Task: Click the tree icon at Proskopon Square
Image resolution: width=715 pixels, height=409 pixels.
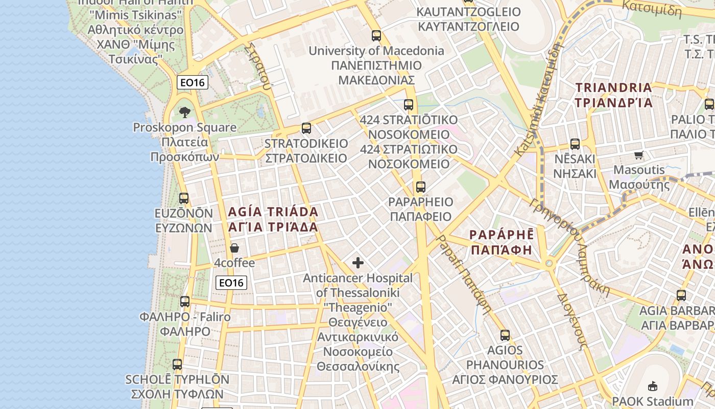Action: click(x=185, y=112)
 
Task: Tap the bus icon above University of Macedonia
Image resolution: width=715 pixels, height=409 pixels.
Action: click(x=376, y=36)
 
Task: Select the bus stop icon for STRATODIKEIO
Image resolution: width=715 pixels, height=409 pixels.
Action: click(x=306, y=128)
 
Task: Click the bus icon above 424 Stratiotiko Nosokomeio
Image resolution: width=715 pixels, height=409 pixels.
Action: click(x=409, y=105)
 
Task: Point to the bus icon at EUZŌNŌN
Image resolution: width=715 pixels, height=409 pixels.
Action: click(x=184, y=198)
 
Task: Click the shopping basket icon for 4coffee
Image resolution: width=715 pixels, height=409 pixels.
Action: click(x=234, y=248)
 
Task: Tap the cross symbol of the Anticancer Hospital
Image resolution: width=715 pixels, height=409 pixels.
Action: click(x=358, y=263)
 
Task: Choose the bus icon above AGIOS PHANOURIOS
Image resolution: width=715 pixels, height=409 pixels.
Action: click(x=505, y=335)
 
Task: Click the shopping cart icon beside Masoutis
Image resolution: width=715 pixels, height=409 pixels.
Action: click(x=639, y=155)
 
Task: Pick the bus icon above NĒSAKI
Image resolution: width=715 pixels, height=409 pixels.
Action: click(x=575, y=144)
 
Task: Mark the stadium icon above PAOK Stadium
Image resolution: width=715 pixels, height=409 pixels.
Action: click(x=653, y=386)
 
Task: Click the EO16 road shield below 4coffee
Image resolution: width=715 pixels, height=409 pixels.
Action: click(x=231, y=282)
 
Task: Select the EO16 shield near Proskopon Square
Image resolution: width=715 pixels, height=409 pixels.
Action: click(x=193, y=82)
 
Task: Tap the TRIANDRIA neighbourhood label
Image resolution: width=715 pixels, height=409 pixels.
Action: click(x=614, y=95)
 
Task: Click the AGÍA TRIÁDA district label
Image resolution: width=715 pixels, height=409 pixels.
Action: click(x=273, y=219)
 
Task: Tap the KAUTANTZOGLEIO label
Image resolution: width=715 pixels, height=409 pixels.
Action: click(x=469, y=19)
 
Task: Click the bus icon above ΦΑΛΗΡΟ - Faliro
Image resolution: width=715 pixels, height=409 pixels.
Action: click(x=185, y=302)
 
